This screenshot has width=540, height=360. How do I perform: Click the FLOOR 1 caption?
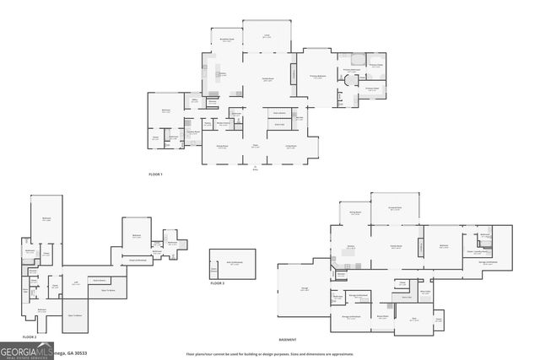click(154, 174)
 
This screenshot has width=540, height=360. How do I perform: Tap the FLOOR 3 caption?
click(218, 283)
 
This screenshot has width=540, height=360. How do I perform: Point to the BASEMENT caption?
click(288, 339)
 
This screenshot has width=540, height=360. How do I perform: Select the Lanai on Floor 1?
click(266, 35)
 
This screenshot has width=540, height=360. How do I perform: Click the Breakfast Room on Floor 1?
click(226, 40)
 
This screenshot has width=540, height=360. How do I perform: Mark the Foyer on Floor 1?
click(254, 147)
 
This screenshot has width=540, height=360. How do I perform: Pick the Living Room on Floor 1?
click(289, 147)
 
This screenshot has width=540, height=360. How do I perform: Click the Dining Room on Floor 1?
click(223, 147)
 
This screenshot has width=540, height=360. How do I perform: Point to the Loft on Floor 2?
click(76, 282)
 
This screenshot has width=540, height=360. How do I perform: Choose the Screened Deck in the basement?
click(395, 209)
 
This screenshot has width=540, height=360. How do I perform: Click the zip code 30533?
click(80, 352)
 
